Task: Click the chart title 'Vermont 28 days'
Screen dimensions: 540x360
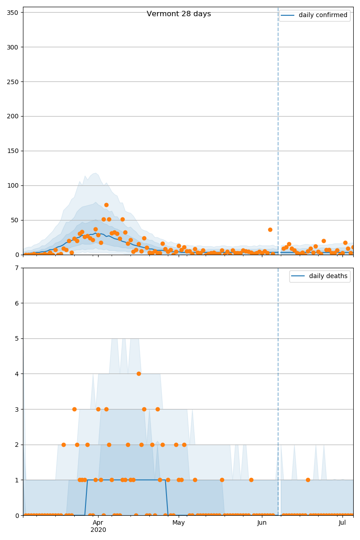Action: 179,14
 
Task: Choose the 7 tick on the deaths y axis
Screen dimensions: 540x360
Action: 18,268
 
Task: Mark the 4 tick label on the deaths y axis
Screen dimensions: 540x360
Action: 18,374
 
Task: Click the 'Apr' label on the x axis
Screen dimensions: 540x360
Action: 98,522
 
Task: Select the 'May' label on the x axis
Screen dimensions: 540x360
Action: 179,522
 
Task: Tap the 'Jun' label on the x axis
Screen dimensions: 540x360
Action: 262,522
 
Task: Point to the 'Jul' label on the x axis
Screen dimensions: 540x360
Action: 342,522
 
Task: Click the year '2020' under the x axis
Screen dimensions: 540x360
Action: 98,530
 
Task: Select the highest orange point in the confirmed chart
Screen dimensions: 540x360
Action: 106,205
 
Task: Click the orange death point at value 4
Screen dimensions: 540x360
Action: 139,373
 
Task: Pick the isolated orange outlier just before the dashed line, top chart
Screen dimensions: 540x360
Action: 270,229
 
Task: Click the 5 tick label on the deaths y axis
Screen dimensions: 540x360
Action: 18,338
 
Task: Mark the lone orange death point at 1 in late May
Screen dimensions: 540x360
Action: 251,480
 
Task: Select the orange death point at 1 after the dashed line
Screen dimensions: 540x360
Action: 308,480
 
